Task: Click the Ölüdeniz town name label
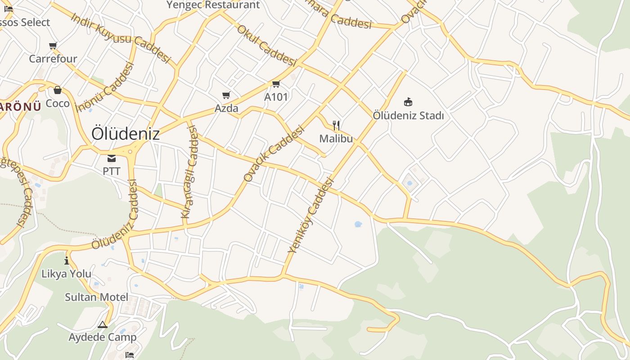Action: click(126, 134)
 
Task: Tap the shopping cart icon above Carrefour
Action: click(53, 45)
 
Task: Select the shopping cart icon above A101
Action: click(276, 84)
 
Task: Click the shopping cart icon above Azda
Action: click(226, 95)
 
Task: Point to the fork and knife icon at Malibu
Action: click(336, 126)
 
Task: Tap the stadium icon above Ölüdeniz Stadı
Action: click(408, 102)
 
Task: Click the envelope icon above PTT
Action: click(111, 158)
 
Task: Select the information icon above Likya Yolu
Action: click(67, 261)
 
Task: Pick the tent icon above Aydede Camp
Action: click(103, 324)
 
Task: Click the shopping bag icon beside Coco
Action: click(57, 90)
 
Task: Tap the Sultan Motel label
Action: click(96, 297)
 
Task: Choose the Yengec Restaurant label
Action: click(213, 5)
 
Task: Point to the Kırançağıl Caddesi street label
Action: click(189, 173)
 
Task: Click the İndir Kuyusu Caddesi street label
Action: click(121, 37)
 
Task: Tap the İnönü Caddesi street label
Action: click(106, 87)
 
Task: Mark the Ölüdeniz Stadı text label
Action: click(408, 116)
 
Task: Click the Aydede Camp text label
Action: click(103, 337)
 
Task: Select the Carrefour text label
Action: click(53, 58)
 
